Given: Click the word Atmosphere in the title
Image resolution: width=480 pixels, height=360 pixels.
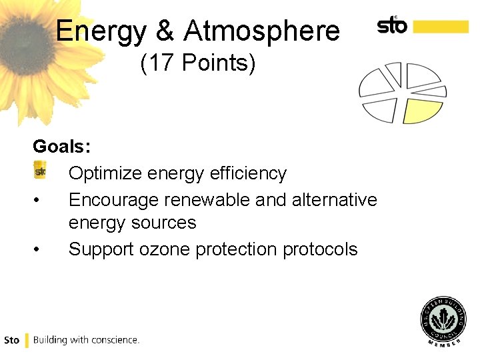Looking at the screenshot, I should pyautogui.click(x=262, y=31).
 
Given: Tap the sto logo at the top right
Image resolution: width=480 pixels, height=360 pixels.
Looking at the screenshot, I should pyautogui.click(x=392, y=25).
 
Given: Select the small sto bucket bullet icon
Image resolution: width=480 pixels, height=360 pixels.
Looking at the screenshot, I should pyautogui.click(x=40, y=171).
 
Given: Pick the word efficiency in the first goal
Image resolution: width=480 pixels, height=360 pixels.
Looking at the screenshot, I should pyautogui.click(x=248, y=173).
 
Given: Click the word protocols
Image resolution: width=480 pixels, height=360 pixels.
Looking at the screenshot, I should pyautogui.click(x=321, y=249).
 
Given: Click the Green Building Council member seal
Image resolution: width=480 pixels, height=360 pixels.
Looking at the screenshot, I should pyautogui.click(x=443, y=322).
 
